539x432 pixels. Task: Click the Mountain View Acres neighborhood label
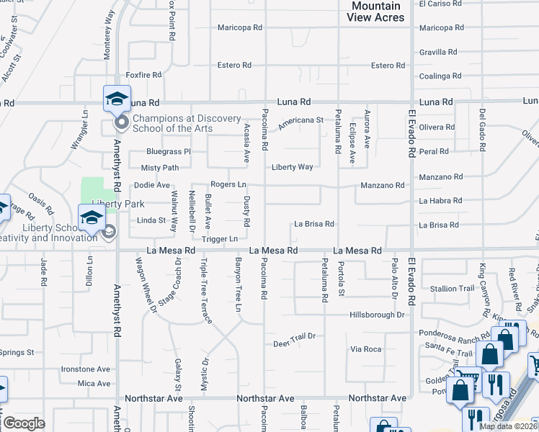click(x=377, y=11)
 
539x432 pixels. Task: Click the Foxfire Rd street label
click(x=142, y=75)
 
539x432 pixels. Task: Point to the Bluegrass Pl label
click(x=168, y=152)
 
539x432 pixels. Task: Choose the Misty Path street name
click(x=160, y=168)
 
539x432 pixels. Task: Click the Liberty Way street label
click(x=292, y=167)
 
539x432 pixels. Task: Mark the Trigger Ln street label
click(x=220, y=239)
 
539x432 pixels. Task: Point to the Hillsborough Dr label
click(x=377, y=315)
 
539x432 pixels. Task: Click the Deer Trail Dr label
click(x=295, y=336)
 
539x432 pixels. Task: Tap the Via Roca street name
click(x=365, y=349)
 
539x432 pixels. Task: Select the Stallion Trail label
click(x=453, y=289)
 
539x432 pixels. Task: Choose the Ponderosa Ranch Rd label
click(x=453, y=333)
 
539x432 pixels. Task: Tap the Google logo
click(x=23, y=424)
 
